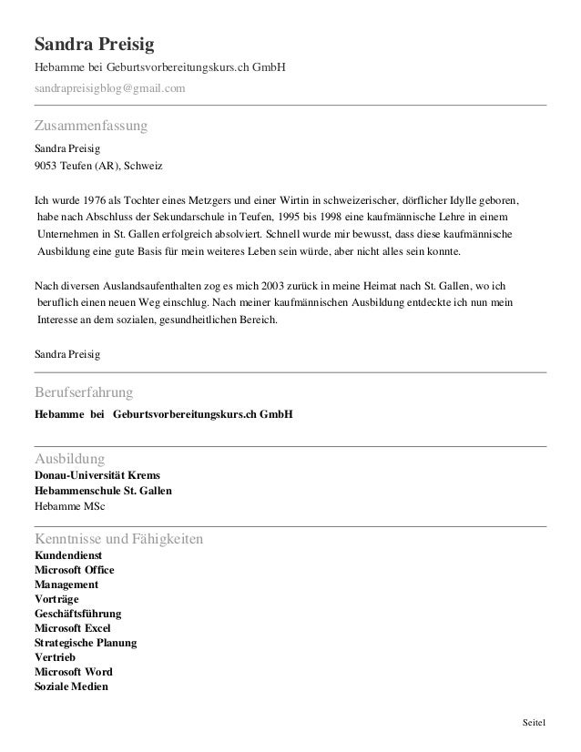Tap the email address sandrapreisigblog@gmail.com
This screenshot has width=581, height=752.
[x=109, y=87]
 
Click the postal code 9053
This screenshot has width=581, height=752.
[x=46, y=167]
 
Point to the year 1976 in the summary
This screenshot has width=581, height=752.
[x=96, y=199]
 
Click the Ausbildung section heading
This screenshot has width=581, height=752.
[x=69, y=457]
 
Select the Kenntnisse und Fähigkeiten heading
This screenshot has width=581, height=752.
[x=118, y=540]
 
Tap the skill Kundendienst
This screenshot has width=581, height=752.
[x=68, y=555]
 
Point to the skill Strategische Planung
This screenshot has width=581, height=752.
[x=86, y=643]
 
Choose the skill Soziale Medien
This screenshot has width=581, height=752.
[x=71, y=686]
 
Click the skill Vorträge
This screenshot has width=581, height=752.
[x=56, y=599]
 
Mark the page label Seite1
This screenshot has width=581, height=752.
[x=534, y=723]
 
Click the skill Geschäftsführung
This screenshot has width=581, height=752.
[x=77, y=614]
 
